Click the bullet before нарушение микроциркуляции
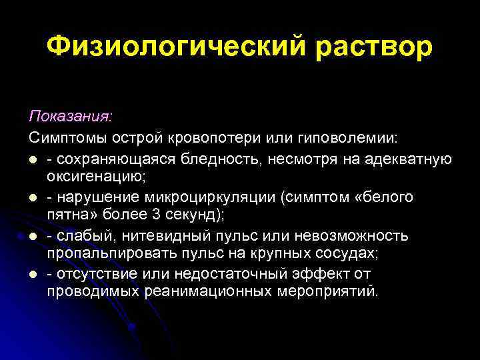33,198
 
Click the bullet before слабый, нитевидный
33,237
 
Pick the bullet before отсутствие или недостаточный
33,275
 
